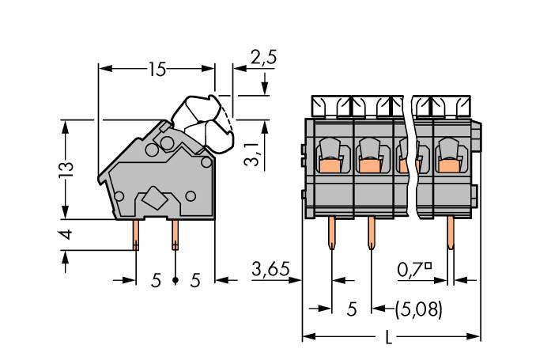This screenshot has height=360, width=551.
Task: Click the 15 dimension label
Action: (157, 70)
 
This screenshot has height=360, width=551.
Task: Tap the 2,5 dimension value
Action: (263, 57)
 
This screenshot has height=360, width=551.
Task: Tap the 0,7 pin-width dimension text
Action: (411, 270)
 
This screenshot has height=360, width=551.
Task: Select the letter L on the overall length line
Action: (387, 338)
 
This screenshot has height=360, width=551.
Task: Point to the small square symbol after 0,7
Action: (428, 266)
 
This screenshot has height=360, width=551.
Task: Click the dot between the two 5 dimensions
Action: (175, 280)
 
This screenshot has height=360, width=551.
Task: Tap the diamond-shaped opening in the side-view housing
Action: (155, 199)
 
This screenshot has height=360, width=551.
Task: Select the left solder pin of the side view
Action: (136, 233)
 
